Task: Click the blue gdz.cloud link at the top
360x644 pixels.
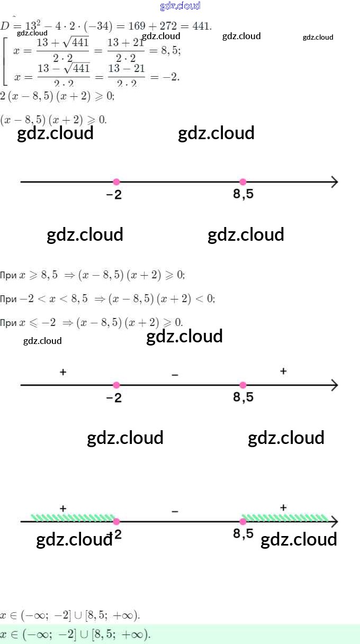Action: [180, 6]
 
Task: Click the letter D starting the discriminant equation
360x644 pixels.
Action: [5, 25]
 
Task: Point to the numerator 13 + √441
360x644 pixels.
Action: [63, 42]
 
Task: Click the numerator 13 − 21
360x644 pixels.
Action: [126, 69]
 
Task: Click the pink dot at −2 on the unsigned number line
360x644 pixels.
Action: [116, 182]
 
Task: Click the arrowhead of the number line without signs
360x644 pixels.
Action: [334, 182]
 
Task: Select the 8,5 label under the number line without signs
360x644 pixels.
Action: [243, 195]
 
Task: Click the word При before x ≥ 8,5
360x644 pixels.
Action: [8, 275]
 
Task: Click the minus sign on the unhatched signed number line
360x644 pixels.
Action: [175, 375]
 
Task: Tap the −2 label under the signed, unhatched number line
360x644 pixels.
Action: [114, 398]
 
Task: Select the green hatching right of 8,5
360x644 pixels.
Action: [285, 517]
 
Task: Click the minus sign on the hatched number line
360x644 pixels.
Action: [175, 511]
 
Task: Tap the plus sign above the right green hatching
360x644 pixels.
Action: [283, 507]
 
